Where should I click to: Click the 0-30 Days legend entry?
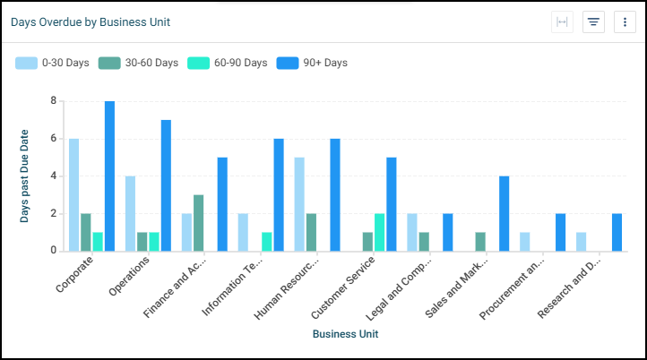click(52, 63)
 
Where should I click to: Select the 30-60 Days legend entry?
click(139, 63)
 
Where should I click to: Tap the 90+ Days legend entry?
click(313, 63)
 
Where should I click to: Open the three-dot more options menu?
click(625, 22)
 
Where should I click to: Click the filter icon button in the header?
click(593, 22)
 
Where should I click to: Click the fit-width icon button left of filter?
click(563, 22)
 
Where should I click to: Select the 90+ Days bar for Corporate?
click(109, 176)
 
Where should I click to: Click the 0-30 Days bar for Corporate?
click(74, 194)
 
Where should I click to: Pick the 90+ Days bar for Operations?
click(166, 185)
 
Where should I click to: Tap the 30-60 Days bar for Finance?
click(199, 222)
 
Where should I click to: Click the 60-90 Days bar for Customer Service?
click(379, 232)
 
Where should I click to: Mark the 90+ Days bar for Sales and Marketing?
click(505, 213)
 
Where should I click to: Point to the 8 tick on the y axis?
click(53, 101)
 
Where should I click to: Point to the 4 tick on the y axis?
click(53, 176)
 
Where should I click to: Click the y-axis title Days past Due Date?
click(25, 176)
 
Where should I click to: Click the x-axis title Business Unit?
click(345, 334)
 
